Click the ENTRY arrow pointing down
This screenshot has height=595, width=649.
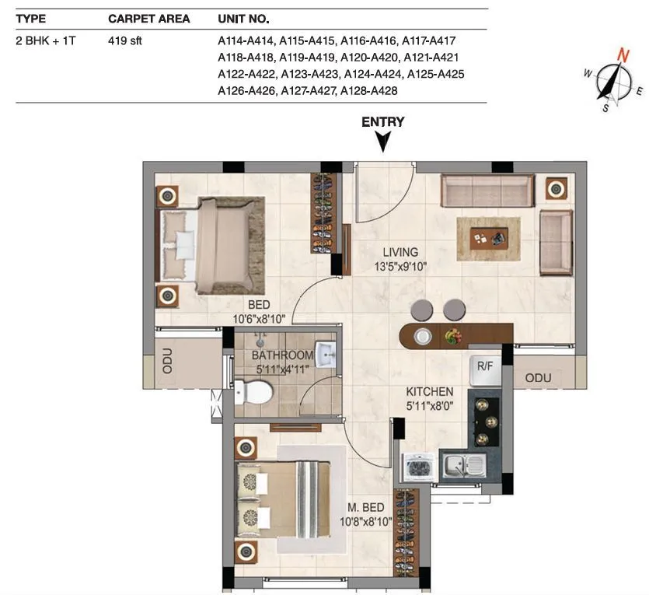tap(382, 141)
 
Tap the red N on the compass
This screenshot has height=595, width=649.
tap(623, 54)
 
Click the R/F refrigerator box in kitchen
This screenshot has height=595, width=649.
tap(485, 365)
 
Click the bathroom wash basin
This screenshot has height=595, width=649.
tap(326, 355)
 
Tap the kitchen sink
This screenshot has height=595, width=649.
tap(464, 466)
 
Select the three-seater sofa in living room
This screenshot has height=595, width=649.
tap(487, 191)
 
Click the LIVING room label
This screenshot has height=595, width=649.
tap(400, 252)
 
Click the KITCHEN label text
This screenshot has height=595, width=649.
tap(429, 391)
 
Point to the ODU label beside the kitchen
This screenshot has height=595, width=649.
tap(538, 378)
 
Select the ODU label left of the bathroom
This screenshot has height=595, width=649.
tap(167, 362)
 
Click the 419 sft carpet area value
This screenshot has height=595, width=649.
tap(124, 40)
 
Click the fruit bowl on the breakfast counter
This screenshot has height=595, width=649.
tap(452, 336)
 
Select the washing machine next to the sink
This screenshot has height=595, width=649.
tap(418, 468)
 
